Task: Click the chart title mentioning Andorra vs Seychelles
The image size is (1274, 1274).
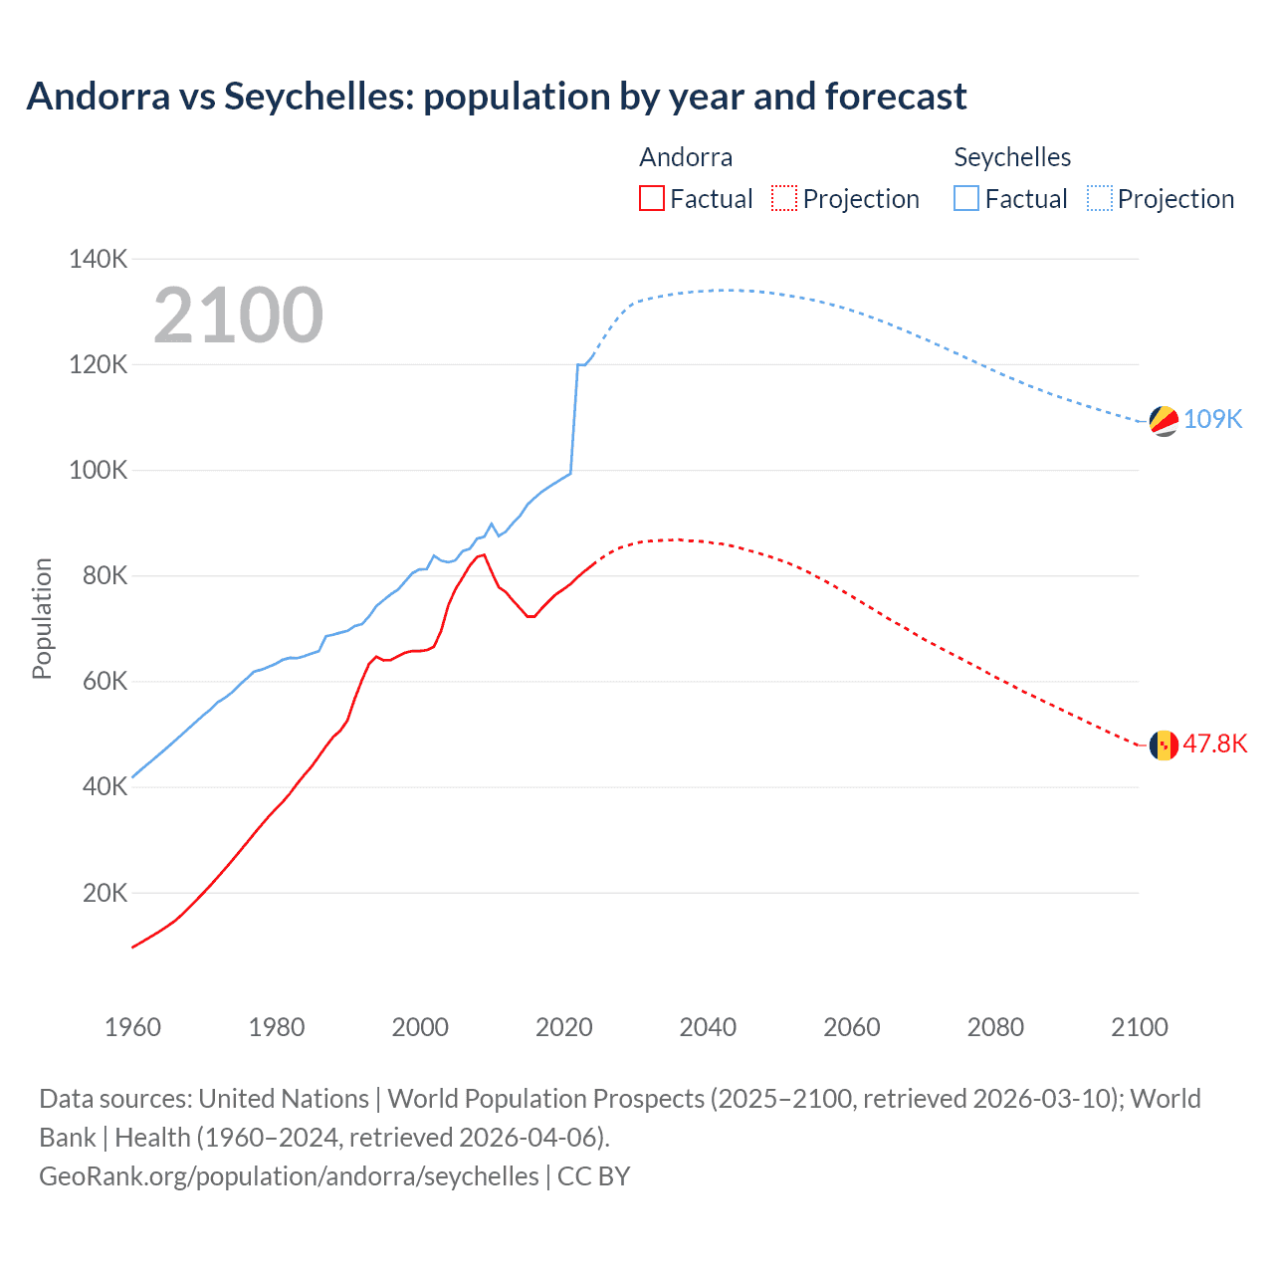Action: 496,97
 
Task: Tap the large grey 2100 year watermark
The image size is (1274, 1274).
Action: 238,316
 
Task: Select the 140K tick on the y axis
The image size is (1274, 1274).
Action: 98,259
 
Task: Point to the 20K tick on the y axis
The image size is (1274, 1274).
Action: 105,893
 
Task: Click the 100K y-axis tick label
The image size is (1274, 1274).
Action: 98,470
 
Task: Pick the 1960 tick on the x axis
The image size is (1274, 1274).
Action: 132,1027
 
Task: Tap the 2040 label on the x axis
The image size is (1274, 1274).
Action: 708,1027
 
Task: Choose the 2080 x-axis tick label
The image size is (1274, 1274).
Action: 995,1027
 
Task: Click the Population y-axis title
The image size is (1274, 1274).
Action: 42,618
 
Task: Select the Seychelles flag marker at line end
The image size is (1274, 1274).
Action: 1164,421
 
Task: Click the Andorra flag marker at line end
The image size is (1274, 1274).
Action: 1164,744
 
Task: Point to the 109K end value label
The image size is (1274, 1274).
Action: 1212,419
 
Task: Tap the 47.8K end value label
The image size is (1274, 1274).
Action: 1214,744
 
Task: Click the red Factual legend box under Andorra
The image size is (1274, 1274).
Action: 652,198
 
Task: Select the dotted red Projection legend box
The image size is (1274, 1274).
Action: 784,198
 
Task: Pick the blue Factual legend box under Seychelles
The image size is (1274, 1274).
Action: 966,198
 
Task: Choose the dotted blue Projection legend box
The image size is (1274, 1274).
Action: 1100,198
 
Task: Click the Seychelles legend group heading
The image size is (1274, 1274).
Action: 1012,157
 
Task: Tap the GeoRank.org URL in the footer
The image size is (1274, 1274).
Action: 289,1176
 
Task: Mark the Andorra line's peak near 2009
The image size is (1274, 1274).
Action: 484,554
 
